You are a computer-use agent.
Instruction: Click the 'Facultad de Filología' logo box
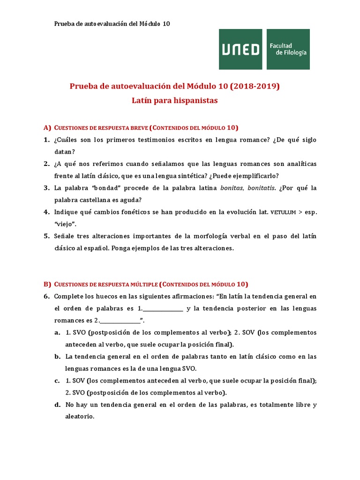pos(288,49)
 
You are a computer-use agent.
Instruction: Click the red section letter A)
pos(47,127)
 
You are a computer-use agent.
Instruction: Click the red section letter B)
pos(47,284)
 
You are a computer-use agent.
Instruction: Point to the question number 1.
pos(46,140)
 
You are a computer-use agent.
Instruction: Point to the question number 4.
pos(46,212)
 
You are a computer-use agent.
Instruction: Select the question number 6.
pos(46,296)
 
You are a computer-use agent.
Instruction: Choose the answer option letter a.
pos(57,332)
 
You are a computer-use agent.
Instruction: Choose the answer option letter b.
pos(57,357)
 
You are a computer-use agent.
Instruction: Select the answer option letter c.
pos(57,381)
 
